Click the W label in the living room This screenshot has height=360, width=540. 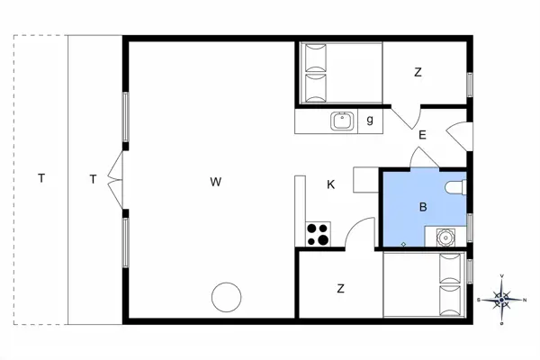216,182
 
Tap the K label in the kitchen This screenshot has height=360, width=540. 330,184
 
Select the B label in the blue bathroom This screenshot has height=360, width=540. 423,207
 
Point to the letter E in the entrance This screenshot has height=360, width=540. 422,135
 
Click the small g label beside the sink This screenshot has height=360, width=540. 370,120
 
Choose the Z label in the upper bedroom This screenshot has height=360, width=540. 418,72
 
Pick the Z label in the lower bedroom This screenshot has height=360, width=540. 340,288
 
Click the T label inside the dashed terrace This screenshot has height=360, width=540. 41,178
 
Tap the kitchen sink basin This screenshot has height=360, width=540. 342,121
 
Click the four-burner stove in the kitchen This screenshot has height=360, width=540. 318,234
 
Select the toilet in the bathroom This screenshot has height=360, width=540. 455,187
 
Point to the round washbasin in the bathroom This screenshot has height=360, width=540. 445,238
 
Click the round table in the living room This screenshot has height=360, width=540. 226,297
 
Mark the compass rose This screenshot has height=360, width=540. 502,300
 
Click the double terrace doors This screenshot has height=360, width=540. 115,180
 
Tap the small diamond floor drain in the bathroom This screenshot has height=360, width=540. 403,244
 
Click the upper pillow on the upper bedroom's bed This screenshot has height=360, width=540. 316,58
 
